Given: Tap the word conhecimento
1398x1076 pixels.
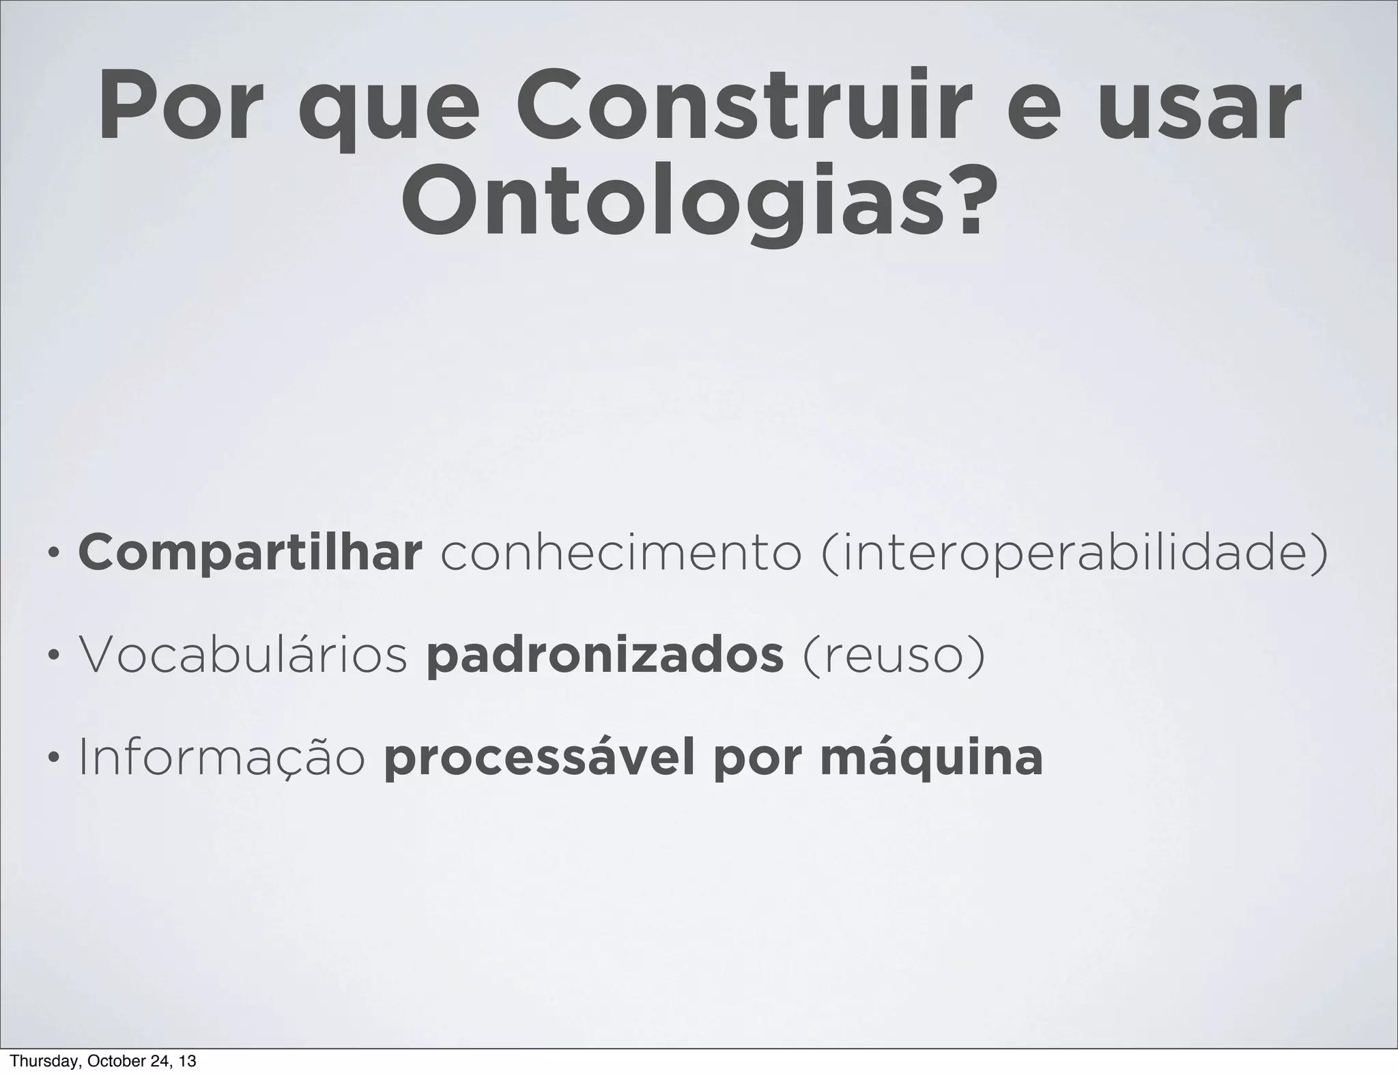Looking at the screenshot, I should [x=621, y=554].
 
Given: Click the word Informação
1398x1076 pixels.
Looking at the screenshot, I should [x=223, y=758].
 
